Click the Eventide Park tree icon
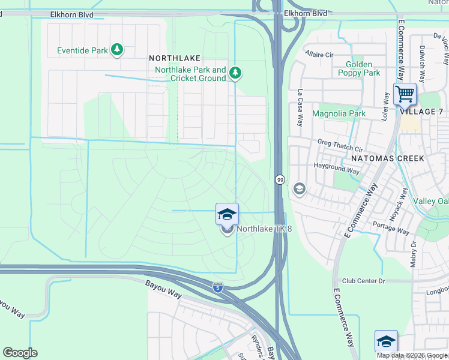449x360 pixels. point(118,50)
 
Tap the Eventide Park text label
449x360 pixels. point(82,51)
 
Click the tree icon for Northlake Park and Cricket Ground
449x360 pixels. point(236,73)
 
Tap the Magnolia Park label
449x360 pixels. point(339,113)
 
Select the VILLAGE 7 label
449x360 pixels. point(421,112)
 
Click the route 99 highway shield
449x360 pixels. point(280,179)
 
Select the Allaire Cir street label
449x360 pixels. point(319,54)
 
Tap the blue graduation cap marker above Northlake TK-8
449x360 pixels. point(227,214)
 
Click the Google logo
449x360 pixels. point(20,353)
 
